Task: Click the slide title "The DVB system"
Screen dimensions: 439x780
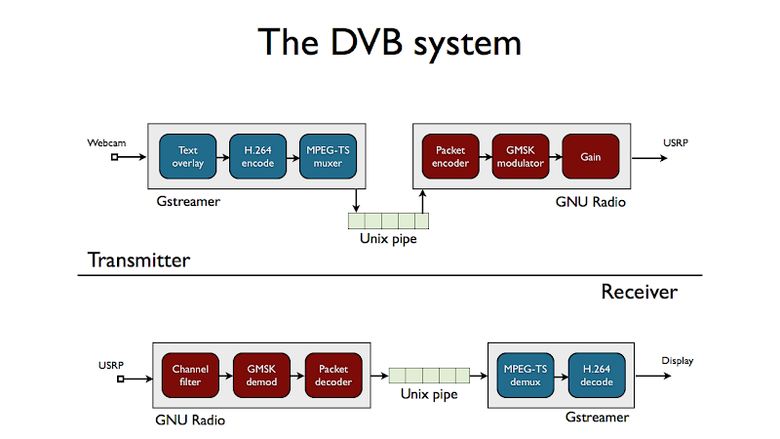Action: pyautogui.click(x=390, y=43)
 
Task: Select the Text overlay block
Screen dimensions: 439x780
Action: pyautogui.click(x=187, y=156)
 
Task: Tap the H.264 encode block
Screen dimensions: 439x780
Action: pyautogui.click(x=256, y=156)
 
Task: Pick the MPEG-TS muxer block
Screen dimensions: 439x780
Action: pyautogui.click(x=327, y=156)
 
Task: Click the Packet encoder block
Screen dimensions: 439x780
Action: pyautogui.click(x=450, y=156)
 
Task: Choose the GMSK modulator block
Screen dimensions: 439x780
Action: pyautogui.click(x=521, y=156)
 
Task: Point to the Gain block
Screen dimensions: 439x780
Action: pyautogui.click(x=591, y=156)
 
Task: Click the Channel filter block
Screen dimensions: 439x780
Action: pyautogui.click(x=190, y=376)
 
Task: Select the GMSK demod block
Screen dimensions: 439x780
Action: pyautogui.click(x=261, y=376)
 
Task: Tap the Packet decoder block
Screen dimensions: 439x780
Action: pyautogui.click(x=333, y=376)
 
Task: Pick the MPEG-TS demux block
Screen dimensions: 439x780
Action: pyautogui.click(x=525, y=376)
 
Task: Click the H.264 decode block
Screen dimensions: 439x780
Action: pyautogui.click(x=597, y=376)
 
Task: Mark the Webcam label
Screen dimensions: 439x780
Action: pyautogui.click(x=106, y=142)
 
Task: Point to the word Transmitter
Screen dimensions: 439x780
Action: pyautogui.click(x=138, y=260)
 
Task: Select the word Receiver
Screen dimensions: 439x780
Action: pyautogui.click(x=639, y=292)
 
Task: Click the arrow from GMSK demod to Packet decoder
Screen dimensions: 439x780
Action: pyautogui.click(x=297, y=376)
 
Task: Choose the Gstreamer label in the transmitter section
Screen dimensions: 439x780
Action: pyautogui.click(x=188, y=202)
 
